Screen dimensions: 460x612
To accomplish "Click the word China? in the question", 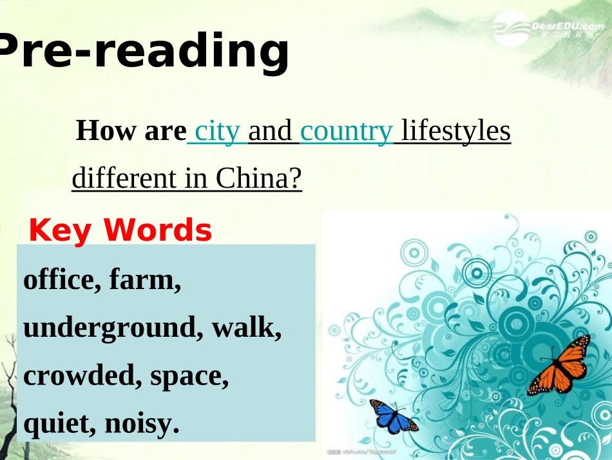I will pos(259,178).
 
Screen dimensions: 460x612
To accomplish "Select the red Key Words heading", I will pos(120,230).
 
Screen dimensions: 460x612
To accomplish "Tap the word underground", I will pos(107,328).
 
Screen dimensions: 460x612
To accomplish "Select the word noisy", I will pos(138,423).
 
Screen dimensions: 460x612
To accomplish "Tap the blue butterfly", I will pos(392,417).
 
